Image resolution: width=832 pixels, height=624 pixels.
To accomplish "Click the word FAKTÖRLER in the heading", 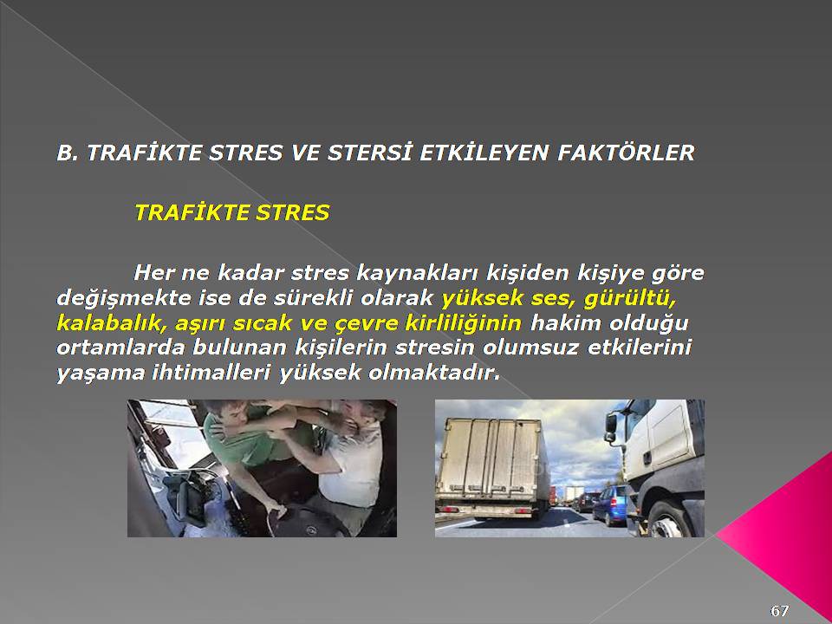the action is pos(626,153).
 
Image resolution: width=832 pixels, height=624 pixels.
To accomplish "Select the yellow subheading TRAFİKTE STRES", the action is pos(232,212).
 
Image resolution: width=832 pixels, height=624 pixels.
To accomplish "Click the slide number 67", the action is pos(779,611).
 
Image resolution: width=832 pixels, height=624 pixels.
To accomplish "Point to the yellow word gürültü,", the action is pos(630,299).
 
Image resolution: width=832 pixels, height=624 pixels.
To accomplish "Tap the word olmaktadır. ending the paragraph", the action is pos(434,373).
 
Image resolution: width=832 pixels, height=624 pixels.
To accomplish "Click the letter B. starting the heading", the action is pos(68,153).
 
